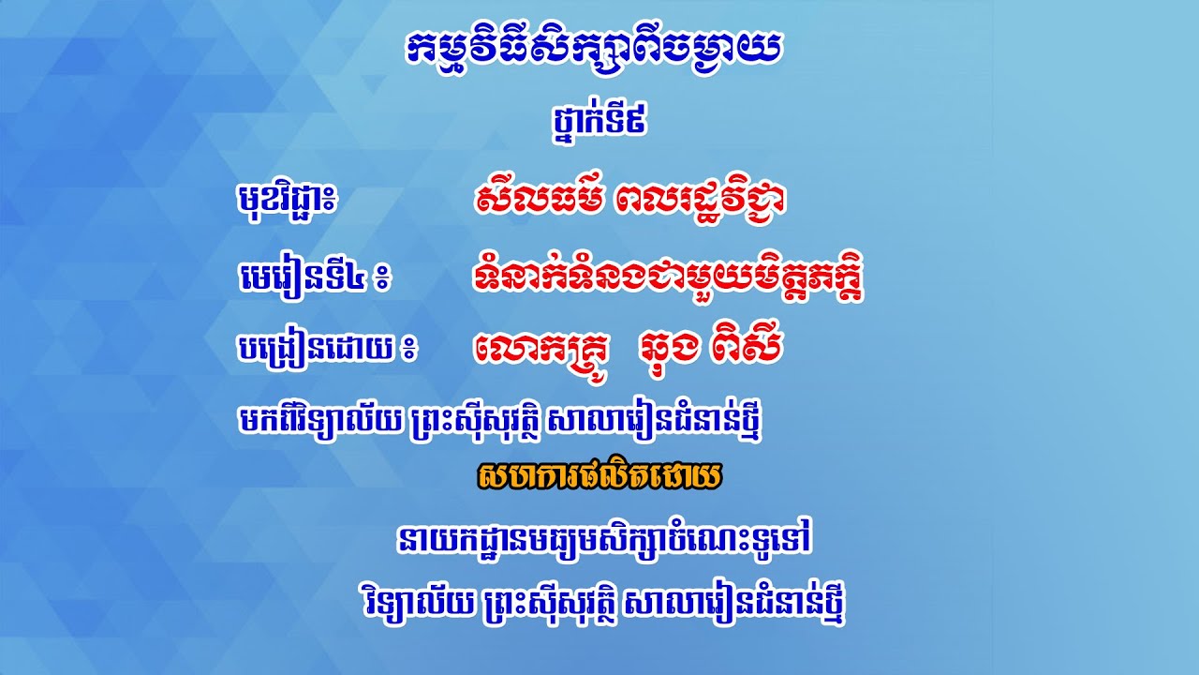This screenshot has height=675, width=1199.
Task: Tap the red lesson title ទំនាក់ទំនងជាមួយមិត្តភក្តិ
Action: click(667, 278)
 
